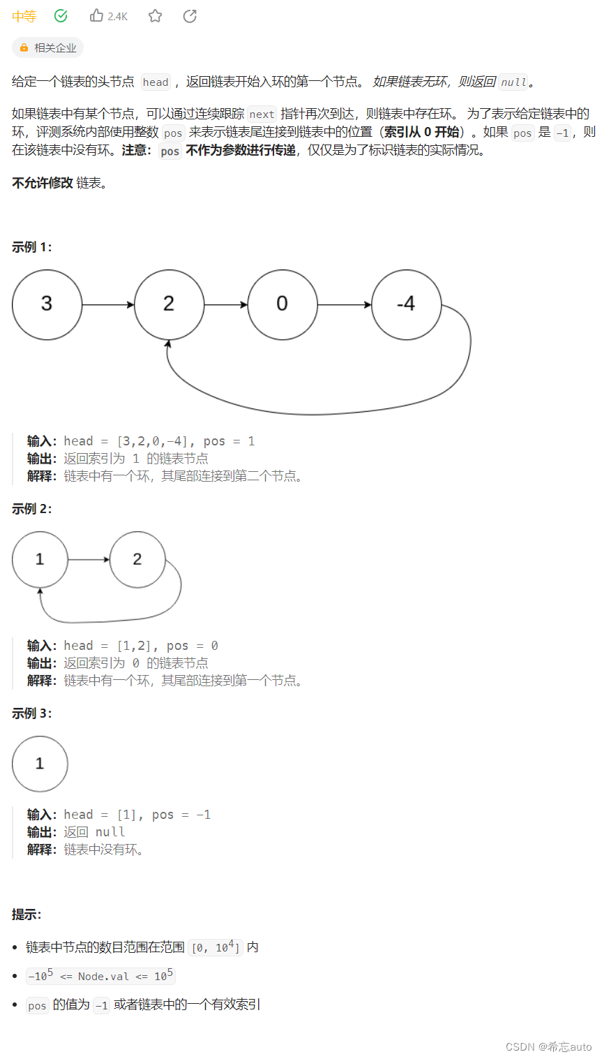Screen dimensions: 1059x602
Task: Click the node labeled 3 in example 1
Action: (47, 304)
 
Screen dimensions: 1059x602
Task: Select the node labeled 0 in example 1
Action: (282, 304)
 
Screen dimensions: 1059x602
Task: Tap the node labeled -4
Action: (406, 304)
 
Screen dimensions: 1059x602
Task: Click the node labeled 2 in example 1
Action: (169, 304)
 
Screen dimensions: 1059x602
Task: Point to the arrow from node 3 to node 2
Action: (108, 305)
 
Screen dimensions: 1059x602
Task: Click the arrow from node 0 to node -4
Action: (345, 305)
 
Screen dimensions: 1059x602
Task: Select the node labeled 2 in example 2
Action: (137, 559)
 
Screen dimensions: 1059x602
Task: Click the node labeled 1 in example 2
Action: (40, 559)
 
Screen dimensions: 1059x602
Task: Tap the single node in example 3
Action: (40, 764)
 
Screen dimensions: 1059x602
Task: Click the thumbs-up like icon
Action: (97, 15)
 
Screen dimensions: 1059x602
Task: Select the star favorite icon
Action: (155, 15)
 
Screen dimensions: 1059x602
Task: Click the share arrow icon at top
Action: (190, 15)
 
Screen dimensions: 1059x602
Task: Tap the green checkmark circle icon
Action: (61, 15)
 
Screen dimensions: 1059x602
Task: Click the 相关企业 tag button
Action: (48, 47)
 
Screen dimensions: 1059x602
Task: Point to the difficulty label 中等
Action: (24, 16)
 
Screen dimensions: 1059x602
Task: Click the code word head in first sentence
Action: (156, 82)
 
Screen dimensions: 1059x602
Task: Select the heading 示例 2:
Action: (32, 509)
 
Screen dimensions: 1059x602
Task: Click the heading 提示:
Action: (27, 914)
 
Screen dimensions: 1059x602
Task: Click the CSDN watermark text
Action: (548, 1046)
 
